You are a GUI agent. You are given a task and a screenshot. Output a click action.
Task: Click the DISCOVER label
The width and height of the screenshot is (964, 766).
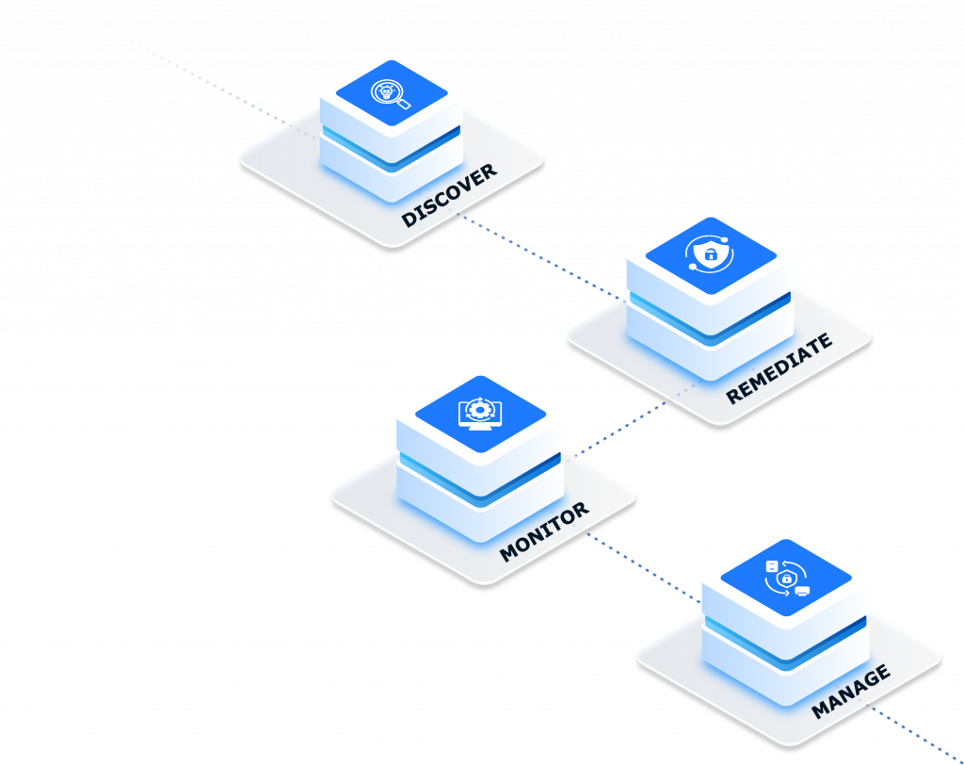[449, 195]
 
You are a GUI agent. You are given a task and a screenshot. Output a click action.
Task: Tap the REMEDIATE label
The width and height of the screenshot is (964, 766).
[779, 368]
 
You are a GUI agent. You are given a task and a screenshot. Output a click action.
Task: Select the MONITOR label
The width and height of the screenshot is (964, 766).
[544, 532]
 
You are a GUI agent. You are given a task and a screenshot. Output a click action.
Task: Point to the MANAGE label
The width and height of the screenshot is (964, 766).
[851, 691]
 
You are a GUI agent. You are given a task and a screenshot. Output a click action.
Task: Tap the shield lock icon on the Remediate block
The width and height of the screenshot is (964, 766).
[710, 254]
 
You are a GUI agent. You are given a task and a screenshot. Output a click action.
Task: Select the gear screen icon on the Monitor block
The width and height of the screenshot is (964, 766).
[479, 413]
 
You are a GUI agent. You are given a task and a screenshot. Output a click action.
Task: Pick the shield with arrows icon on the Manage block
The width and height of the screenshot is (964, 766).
[786, 579]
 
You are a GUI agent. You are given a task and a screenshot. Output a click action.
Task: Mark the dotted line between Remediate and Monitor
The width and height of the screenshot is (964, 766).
[634, 421]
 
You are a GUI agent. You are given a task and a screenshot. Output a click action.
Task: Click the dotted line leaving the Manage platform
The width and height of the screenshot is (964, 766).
[916, 734]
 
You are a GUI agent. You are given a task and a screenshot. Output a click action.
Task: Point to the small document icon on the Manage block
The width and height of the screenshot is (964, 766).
[772, 566]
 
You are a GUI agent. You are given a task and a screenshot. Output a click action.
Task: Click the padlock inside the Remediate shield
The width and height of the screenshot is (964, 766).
[711, 254]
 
